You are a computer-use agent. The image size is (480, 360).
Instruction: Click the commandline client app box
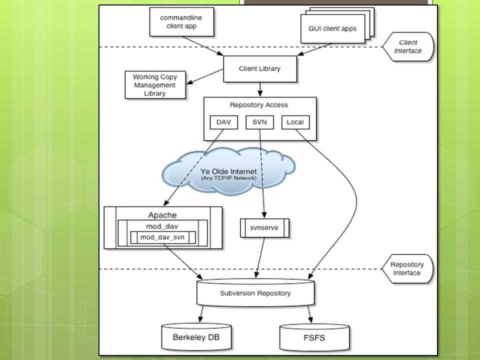click(181, 21)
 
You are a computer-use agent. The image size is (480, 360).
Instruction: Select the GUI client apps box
click(333, 29)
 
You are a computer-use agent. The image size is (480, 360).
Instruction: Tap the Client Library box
click(260, 69)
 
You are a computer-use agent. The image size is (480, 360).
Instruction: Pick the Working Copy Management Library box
click(155, 85)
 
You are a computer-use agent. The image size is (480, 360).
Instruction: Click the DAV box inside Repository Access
click(224, 122)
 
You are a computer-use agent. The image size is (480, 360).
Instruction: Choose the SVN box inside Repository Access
click(259, 122)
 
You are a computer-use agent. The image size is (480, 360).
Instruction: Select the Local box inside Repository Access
click(295, 122)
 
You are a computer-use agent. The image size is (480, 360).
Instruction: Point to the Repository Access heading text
click(259, 105)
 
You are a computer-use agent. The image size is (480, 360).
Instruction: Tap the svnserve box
click(264, 228)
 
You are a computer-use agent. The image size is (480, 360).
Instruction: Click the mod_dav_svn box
click(163, 237)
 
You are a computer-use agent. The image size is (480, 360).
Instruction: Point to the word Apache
click(162, 215)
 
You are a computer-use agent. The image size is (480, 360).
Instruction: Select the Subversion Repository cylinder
click(255, 292)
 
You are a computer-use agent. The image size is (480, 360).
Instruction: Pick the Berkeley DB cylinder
click(196, 337)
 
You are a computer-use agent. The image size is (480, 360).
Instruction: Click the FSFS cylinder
click(314, 337)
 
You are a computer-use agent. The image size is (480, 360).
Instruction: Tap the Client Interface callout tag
click(408, 47)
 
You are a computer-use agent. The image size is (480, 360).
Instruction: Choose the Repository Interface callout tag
click(407, 269)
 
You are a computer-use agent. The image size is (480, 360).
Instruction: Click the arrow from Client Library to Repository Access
click(260, 89)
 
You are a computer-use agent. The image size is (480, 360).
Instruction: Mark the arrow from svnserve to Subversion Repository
click(260, 257)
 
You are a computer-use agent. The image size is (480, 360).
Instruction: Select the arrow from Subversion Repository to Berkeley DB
click(201, 314)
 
